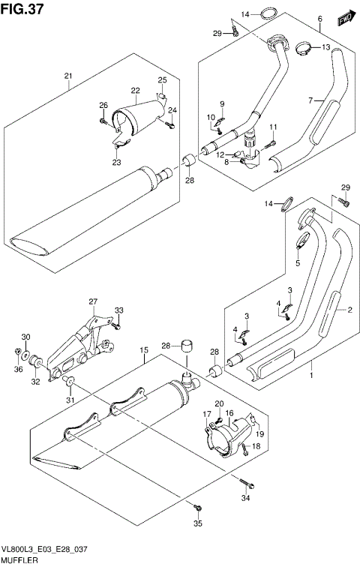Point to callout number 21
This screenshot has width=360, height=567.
67,76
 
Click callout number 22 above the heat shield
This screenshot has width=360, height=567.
136,90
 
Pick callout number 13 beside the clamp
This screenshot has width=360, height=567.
326,47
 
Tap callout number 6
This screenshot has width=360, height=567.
319,19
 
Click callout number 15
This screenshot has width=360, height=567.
142,349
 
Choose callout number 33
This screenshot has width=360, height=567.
118,311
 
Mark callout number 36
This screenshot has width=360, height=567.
19,370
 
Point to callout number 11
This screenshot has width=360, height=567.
274,126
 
